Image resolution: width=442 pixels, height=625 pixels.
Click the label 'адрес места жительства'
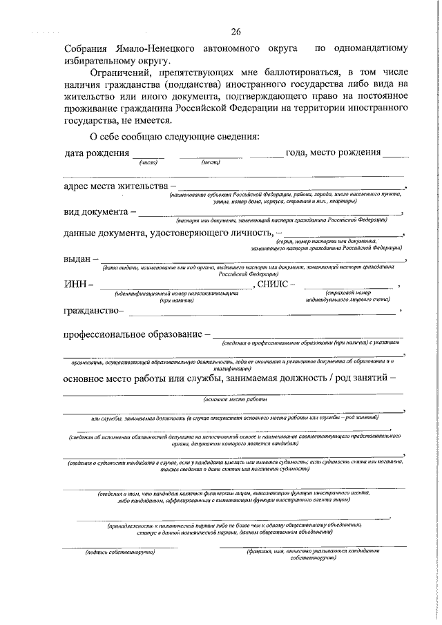coord(117,186)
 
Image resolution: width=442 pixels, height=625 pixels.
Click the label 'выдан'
coord(77,259)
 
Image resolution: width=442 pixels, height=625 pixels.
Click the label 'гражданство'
coord(93,311)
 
